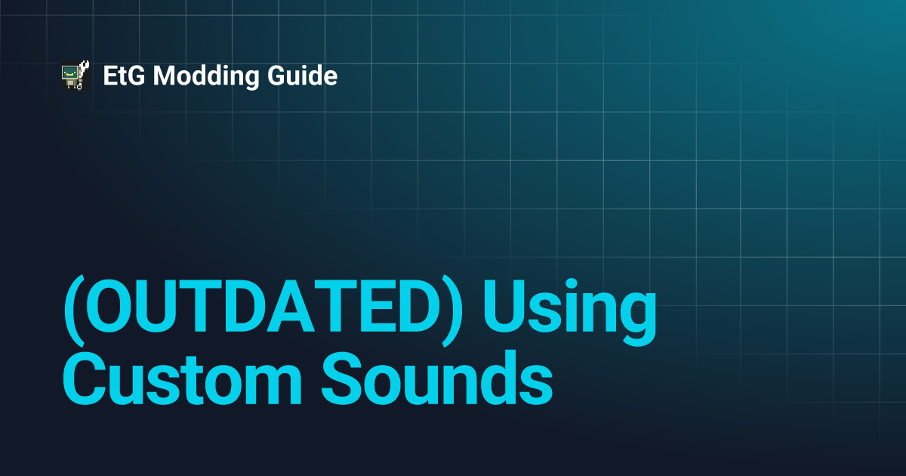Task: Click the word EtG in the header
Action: click(x=124, y=76)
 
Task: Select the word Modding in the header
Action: click(x=206, y=76)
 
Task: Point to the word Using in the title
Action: click(x=569, y=311)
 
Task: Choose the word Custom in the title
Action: click(x=183, y=378)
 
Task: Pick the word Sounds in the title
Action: click(x=437, y=378)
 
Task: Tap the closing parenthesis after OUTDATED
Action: click(x=452, y=311)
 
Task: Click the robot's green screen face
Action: click(x=70, y=73)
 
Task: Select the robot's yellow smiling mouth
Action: click(x=70, y=75)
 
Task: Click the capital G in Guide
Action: click(x=277, y=76)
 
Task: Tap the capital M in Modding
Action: click(x=165, y=76)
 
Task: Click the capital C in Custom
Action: click(x=84, y=378)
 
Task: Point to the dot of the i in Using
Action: click(x=571, y=284)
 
